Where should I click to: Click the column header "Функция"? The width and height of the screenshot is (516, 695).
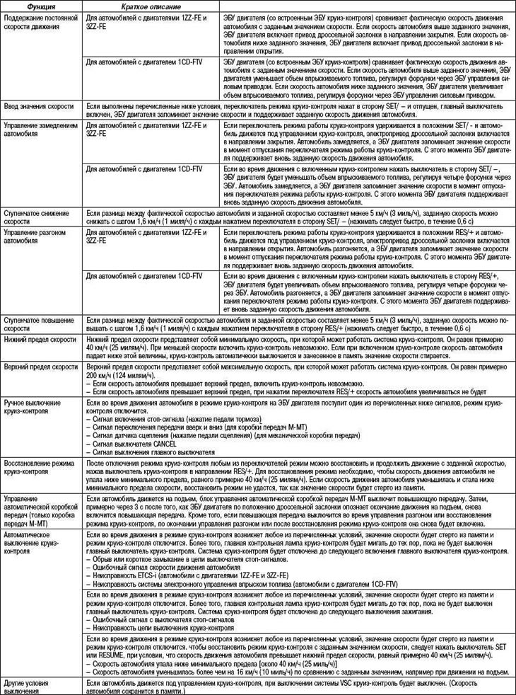(32, 5)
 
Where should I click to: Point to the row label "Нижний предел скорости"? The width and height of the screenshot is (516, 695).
(40, 340)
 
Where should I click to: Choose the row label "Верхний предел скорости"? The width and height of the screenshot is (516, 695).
(40, 369)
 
